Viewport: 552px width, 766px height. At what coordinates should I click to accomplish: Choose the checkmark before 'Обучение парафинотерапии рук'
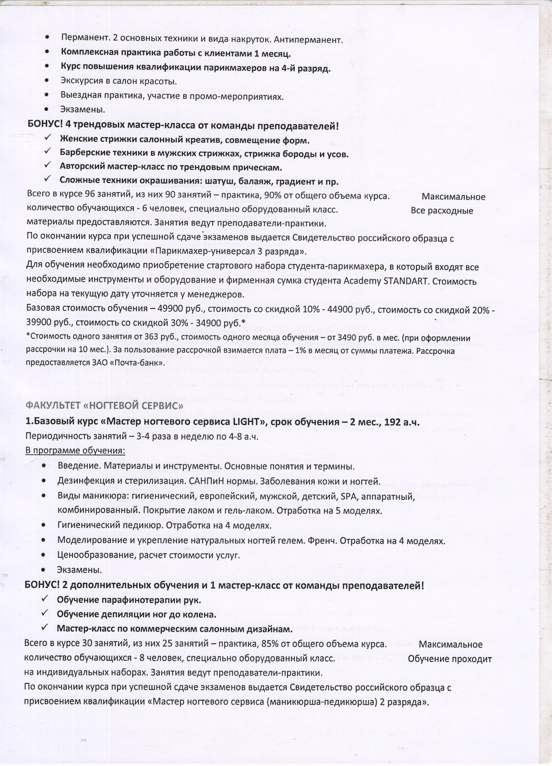click(x=45, y=599)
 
